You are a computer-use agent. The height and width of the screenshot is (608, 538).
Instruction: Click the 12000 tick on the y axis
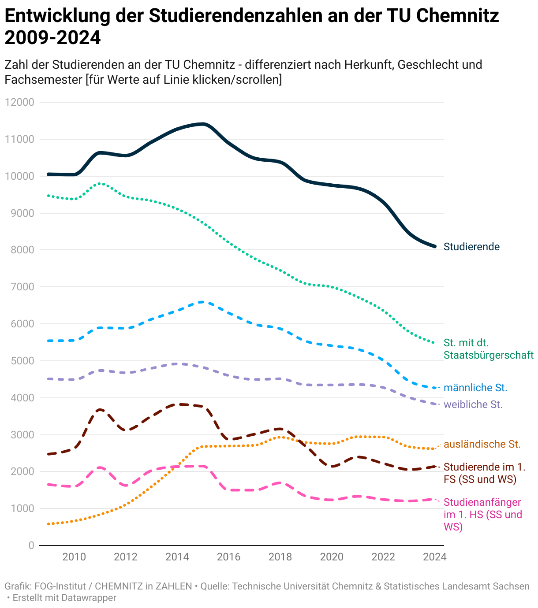tap(19, 102)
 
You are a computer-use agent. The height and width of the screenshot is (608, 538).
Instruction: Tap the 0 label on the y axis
tap(31, 545)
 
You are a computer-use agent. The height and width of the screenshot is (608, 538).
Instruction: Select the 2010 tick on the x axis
tap(74, 557)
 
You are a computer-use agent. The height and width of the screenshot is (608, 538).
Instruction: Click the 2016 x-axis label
tap(228, 557)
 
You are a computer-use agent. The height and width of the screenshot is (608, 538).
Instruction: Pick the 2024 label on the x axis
tap(434, 557)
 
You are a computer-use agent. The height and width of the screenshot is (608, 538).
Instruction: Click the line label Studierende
tap(471, 247)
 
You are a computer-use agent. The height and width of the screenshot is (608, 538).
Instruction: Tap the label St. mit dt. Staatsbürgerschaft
tap(488, 349)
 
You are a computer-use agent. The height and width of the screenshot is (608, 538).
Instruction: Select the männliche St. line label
tap(475, 388)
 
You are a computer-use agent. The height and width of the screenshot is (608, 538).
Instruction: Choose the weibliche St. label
tap(473, 404)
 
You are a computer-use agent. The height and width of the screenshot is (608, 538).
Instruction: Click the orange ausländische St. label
tap(482, 444)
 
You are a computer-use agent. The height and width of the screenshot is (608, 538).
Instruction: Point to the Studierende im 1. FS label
tap(484, 473)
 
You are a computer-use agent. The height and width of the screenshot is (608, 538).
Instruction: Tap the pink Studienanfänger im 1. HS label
tap(482, 515)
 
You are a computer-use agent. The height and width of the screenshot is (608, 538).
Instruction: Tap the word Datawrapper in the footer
tap(89, 598)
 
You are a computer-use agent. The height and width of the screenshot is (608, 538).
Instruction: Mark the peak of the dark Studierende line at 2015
tap(203, 124)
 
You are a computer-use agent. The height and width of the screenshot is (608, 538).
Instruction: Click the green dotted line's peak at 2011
tap(100, 183)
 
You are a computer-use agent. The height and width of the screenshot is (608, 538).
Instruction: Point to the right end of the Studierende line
tap(435, 246)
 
